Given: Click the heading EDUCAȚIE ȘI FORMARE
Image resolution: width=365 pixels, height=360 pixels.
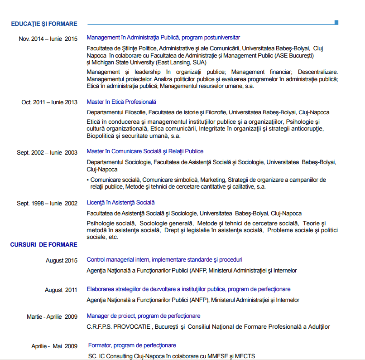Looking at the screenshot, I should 44,24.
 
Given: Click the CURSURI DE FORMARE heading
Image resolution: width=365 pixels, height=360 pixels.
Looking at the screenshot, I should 44,244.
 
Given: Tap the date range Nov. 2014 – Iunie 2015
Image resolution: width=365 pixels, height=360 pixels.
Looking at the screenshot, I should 48,39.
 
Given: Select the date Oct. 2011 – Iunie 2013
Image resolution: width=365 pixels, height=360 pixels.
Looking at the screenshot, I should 49,102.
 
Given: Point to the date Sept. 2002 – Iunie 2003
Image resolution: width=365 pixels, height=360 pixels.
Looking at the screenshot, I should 47,152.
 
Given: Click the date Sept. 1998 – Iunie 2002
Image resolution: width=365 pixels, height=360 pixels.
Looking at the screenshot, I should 47,204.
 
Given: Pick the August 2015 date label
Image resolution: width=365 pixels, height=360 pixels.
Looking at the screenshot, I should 62,260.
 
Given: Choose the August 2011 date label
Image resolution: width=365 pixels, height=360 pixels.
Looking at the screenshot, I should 61,290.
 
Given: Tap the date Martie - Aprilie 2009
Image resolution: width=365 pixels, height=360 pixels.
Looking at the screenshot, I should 52,316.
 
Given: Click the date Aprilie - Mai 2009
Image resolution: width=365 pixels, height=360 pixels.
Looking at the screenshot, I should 54,346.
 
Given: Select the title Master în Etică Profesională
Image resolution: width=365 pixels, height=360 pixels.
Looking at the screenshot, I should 121,102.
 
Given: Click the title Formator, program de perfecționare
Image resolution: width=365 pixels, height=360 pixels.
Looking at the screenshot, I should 132,345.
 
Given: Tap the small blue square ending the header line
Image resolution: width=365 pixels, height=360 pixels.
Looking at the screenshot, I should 336,22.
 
